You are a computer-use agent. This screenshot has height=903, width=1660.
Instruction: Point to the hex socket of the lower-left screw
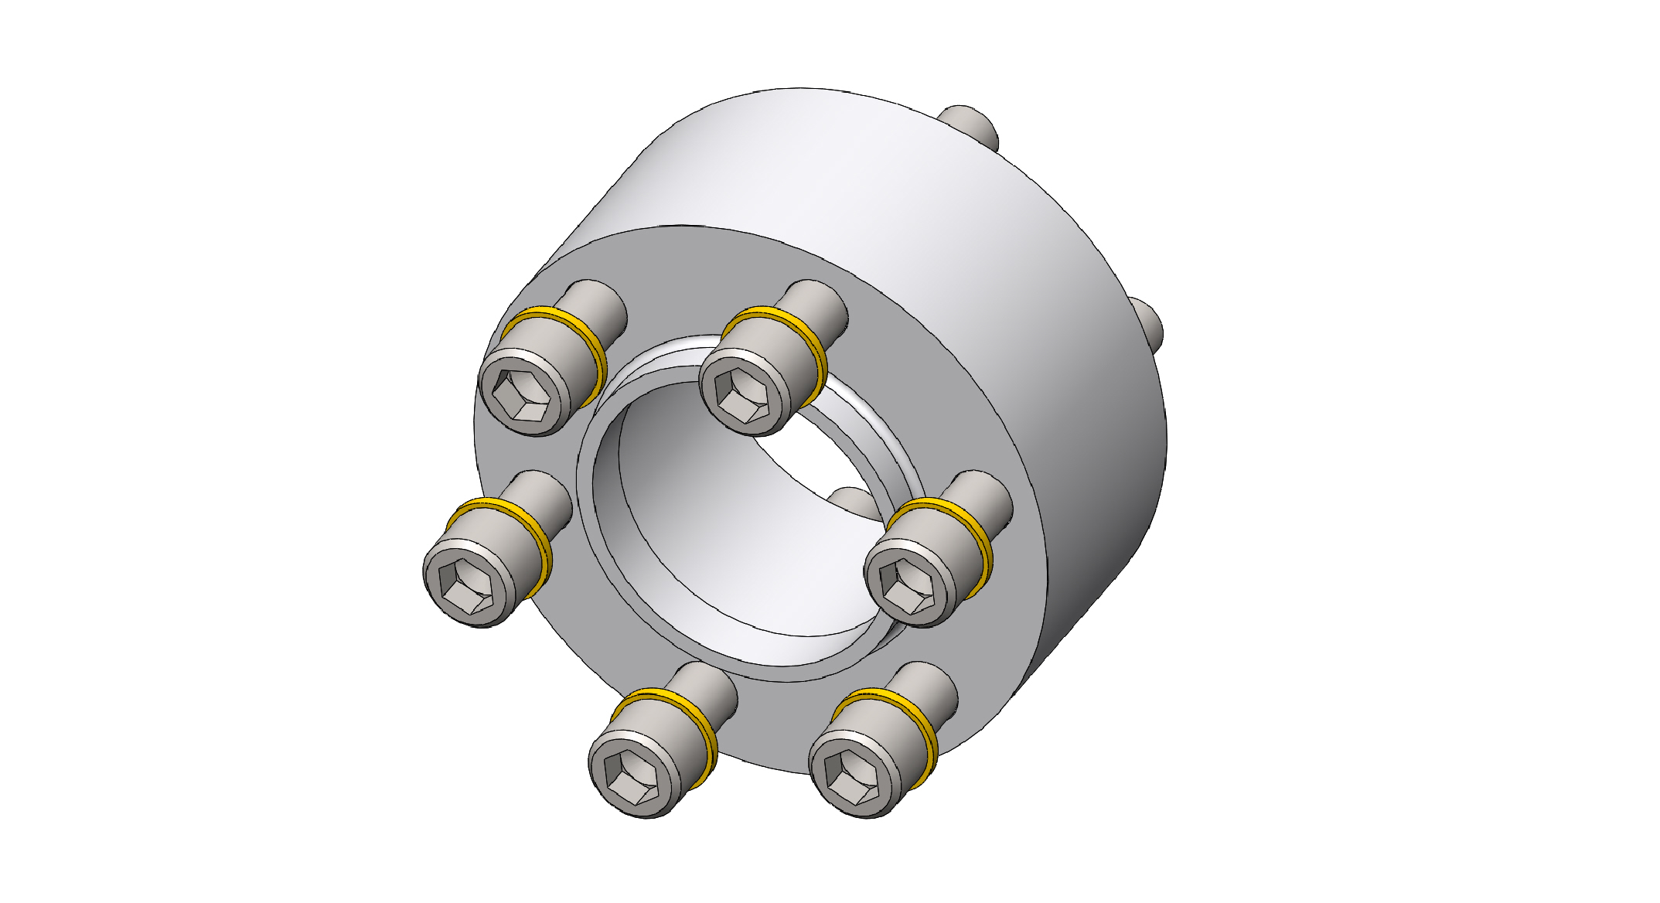coord(632,779)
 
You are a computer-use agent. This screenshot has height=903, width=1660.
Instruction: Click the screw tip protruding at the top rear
coord(970,124)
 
